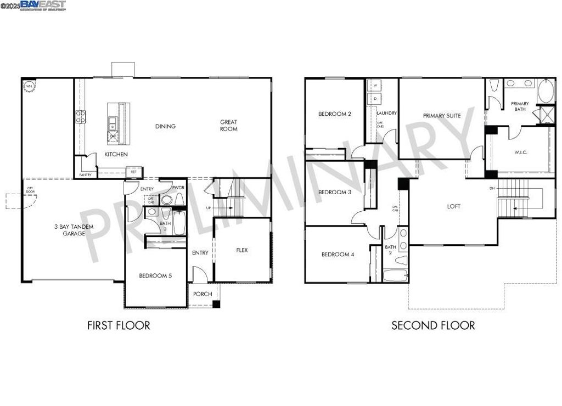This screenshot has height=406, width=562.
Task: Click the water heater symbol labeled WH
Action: coord(27,85)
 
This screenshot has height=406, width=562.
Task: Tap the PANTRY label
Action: coord(85,174)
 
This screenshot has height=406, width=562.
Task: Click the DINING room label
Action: coord(165,126)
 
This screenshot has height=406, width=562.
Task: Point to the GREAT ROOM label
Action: coord(229,126)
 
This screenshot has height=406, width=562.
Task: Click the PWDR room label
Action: coord(177,188)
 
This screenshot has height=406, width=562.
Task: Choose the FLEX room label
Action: coord(242,250)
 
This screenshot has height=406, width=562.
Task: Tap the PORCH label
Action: coord(203,294)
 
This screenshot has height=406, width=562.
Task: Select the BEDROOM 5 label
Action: coord(155,276)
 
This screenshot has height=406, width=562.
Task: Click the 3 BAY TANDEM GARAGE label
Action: coord(74,230)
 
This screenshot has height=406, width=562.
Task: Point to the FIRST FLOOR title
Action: coord(119,325)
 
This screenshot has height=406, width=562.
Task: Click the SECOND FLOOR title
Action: coord(433,325)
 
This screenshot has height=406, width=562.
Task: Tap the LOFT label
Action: coord(454,206)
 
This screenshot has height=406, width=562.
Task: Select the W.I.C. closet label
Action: coord(521,152)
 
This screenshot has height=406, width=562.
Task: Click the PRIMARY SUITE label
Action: coord(442,116)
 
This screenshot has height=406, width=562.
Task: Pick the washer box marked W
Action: coord(375,86)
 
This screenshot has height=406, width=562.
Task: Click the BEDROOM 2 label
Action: coord(335,114)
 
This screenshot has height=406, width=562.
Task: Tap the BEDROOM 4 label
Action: coord(338,255)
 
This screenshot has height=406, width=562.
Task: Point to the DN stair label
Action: coord(493,188)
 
